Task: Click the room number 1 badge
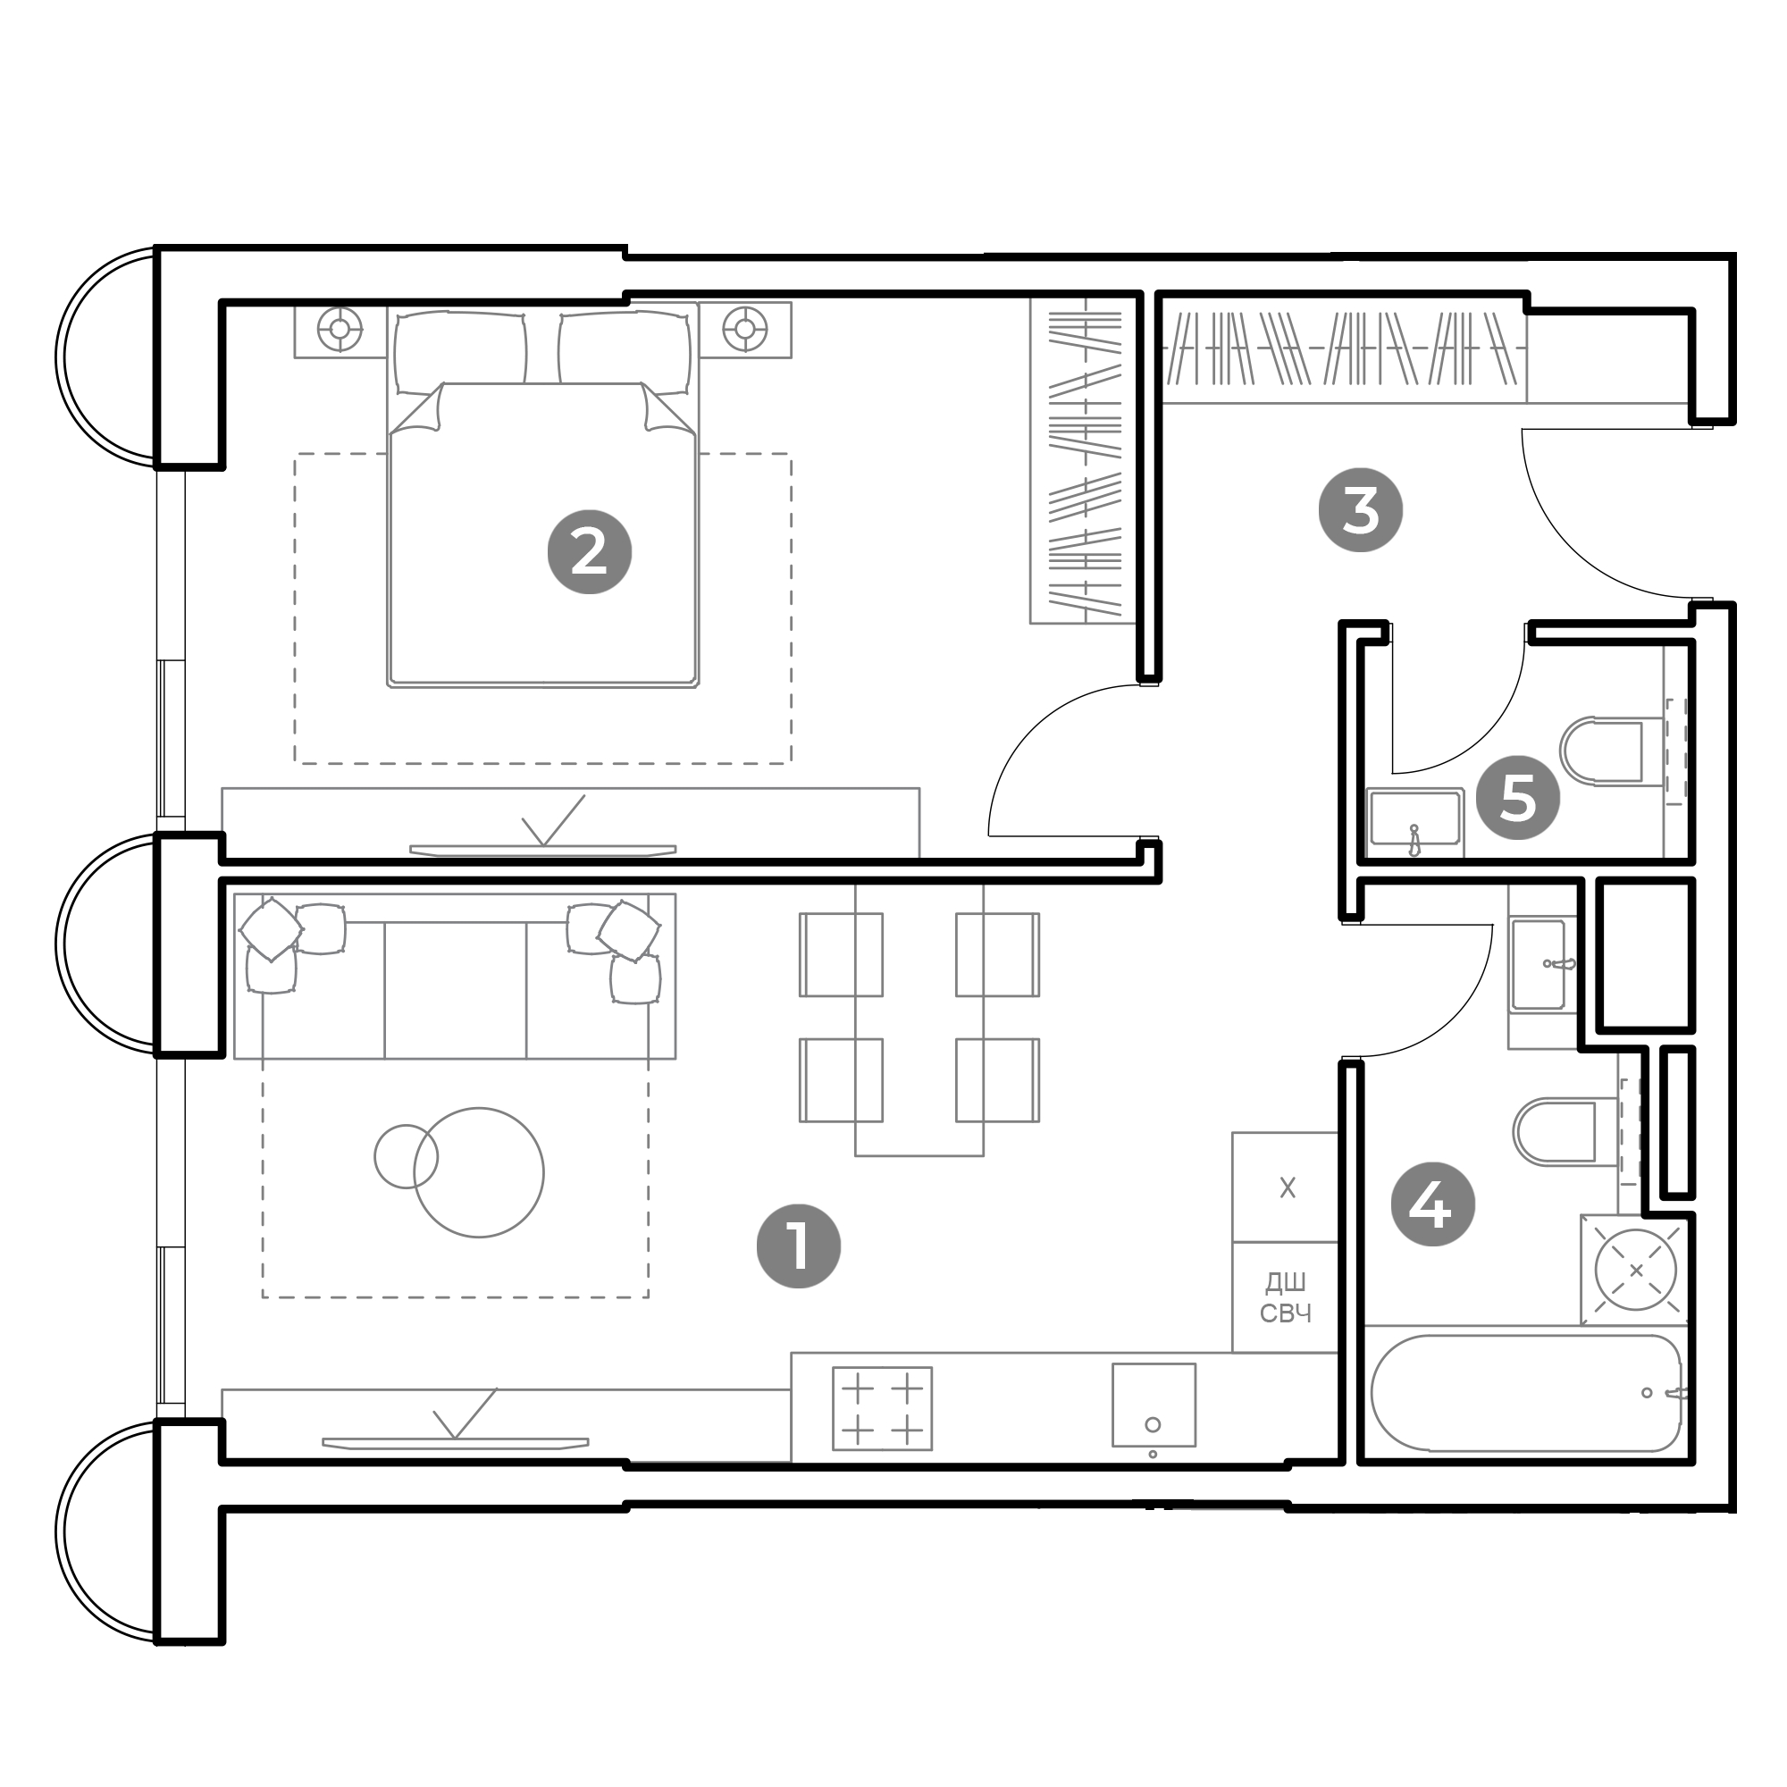798,1246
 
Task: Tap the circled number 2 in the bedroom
589,552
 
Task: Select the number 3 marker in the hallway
1360,509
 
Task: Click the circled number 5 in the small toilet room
1517,796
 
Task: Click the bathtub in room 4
1526,1393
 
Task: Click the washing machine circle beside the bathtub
1635,1270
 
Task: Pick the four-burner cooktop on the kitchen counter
882,1408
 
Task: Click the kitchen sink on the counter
1154,1404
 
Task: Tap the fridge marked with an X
1285,1187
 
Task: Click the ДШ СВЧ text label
1286,1296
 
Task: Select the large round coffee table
478,1172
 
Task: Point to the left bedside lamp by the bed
340,328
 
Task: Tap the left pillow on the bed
459,352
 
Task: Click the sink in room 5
1414,818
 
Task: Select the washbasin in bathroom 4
1541,964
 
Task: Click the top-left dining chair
841,954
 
